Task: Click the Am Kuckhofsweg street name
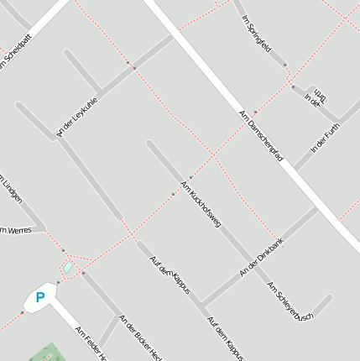pyautogui.click(x=201, y=204)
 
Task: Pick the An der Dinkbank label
pyautogui.click(x=262, y=258)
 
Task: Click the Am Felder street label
pyautogui.click(x=91, y=343)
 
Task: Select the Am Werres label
pyautogui.click(x=15, y=229)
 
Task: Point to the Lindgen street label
pyautogui.click(x=12, y=188)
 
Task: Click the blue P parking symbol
pyautogui.click(x=39, y=297)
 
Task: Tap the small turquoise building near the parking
pyautogui.click(x=68, y=268)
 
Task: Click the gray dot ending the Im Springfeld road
pyautogui.click(x=285, y=65)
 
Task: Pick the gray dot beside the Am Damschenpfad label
pyautogui.click(x=255, y=112)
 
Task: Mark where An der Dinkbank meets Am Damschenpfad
pyautogui.click(x=316, y=209)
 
